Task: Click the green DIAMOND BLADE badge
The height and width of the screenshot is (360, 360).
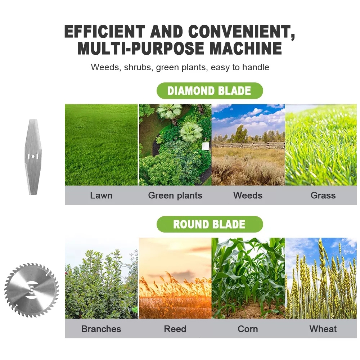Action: (210, 91)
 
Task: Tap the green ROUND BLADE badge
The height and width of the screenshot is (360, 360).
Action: (210, 224)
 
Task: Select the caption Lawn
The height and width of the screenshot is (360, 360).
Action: (101, 195)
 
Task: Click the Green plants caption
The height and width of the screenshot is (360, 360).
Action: (175, 195)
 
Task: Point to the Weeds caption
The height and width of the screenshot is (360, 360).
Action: (248, 195)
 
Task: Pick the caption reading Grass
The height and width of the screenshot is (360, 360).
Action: (323, 195)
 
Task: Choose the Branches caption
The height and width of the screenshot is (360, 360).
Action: (101, 329)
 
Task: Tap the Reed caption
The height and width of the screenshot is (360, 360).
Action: (175, 329)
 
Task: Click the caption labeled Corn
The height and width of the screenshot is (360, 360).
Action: (248, 329)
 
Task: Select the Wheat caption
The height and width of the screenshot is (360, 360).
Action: (323, 329)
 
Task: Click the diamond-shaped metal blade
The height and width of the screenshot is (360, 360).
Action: (33, 157)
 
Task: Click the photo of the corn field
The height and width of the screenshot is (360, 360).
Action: (248, 278)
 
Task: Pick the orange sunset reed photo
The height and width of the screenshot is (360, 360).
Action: (175, 278)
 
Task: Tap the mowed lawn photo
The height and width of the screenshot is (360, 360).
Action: (101, 145)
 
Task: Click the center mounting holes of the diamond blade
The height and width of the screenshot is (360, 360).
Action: (33, 157)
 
